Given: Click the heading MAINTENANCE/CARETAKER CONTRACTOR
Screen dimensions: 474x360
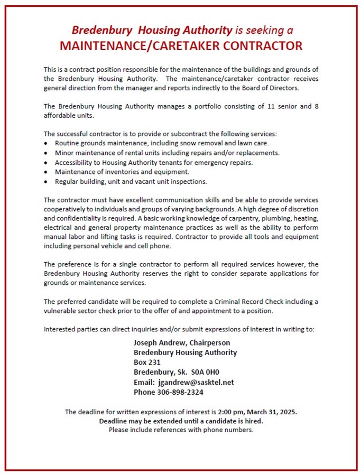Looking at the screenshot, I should [x=181, y=45].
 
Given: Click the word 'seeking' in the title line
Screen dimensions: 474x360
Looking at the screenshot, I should [x=265, y=30].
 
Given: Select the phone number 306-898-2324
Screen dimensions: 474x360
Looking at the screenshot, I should [x=180, y=392].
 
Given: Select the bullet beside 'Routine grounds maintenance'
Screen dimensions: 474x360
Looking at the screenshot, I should [x=48, y=143].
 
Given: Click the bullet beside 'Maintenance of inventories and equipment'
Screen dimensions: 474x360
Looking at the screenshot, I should [x=48, y=172].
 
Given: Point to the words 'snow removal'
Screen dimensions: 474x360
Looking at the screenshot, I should [x=206, y=143].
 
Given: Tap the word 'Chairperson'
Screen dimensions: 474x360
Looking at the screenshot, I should [x=209, y=342].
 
